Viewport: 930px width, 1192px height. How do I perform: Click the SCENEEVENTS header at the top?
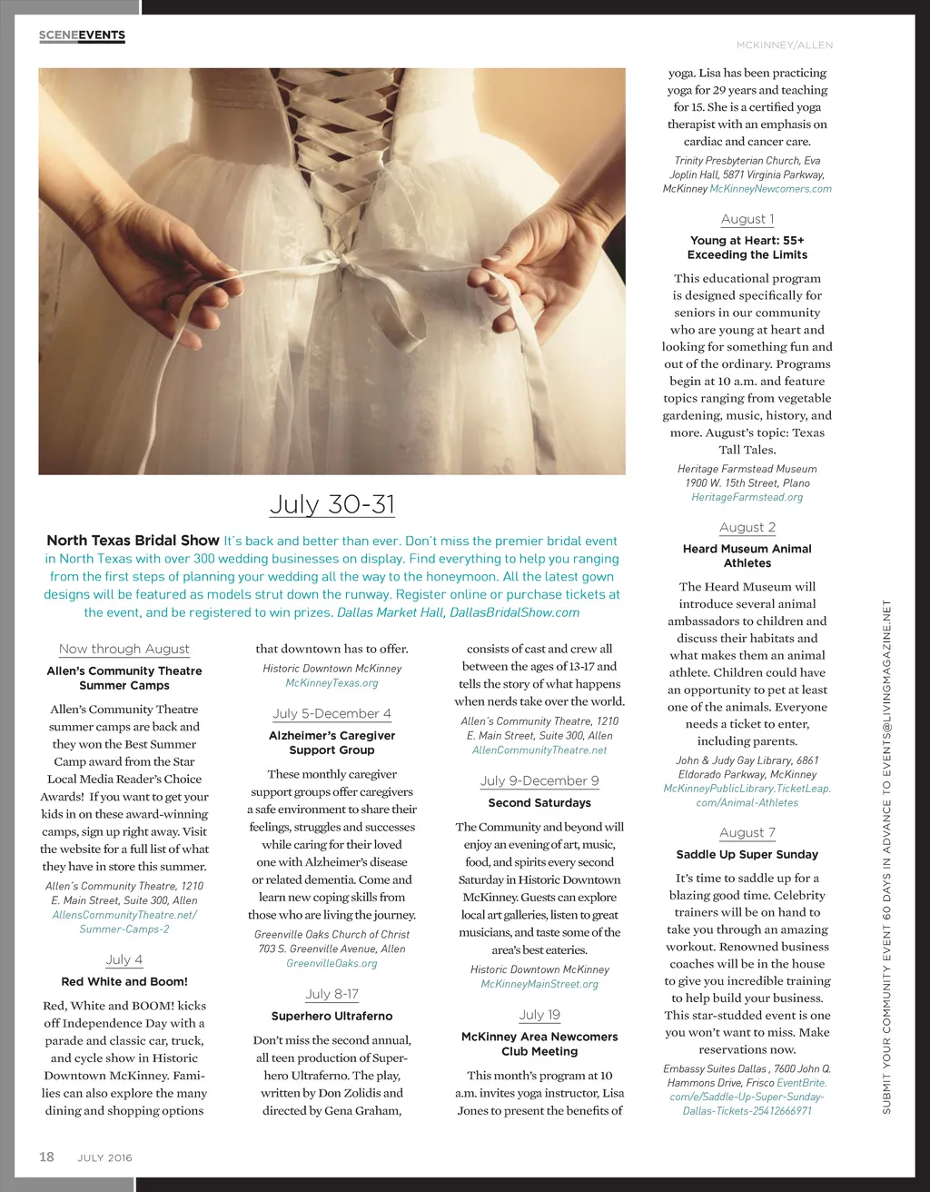coord(82,35)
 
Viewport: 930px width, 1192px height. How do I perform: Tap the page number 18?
coord(45,1157)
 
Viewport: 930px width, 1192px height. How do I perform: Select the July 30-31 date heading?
coord(332,504)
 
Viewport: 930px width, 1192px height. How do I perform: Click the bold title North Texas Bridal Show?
coord(133,541)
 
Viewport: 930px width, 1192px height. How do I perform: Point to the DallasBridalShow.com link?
coord(514,612)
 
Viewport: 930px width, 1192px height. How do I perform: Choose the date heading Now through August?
coord(124,649)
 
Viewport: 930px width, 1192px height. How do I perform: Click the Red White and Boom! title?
coord(124,982)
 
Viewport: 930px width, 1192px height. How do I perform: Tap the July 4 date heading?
coord(124,959)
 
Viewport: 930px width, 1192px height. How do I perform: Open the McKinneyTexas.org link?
coord(331,683)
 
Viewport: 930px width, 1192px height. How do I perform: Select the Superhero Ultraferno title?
coord(331,1017)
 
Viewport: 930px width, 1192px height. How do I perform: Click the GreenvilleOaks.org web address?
coord(331,963)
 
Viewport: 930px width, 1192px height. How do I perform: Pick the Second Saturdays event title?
coord(539,803)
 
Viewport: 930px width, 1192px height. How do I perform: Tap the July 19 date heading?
coord(539,1014)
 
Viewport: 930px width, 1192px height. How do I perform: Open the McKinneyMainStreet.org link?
coord(539,984)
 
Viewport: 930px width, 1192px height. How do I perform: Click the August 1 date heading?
coord(747,219)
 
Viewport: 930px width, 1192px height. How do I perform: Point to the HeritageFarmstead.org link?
coord(747,497)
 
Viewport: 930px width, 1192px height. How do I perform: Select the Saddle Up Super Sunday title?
coord(747,855)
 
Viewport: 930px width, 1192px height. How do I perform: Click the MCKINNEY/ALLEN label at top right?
coord(784,45)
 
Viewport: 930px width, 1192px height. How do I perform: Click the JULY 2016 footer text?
coord(104,1157)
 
